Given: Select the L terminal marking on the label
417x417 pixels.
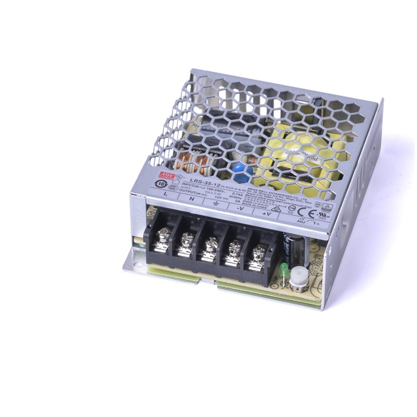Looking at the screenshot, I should pyautogui.click(x=166, y=194).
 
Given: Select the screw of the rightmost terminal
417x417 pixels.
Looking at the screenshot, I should pyautogui.click(x=258, y=253).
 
